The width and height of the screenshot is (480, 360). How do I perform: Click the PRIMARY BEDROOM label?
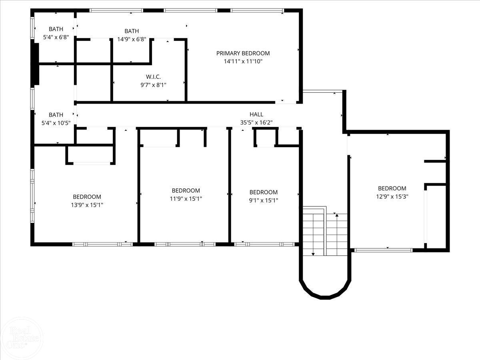click(x=243, y=53)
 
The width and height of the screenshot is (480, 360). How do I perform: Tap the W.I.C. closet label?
click(x=153, y=76)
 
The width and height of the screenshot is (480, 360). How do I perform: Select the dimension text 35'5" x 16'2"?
click(x=256, y=123)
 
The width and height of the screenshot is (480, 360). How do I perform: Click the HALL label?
click(x=256, y=114)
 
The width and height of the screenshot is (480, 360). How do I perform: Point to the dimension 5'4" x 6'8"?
click(x=56, y=37)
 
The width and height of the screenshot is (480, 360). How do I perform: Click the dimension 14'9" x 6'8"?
click(x=132, y=39)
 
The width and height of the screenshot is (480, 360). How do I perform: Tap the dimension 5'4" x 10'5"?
click(x=56, y=123)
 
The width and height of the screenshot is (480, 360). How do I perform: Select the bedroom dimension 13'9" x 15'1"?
click(x=87, y=205)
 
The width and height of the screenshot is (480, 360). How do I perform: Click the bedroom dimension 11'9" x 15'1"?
click(x=186, y=199)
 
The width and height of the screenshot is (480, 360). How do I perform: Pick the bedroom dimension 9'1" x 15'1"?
click(x=263, y=200)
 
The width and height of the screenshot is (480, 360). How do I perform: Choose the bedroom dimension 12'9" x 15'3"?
click(x=392, y=196)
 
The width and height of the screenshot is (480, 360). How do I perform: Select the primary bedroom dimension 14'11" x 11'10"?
click(x=243, y=61)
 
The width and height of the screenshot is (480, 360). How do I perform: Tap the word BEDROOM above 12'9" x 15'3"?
click(x=392, y=188)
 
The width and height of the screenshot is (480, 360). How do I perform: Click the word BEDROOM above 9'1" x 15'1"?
click(x=263, y=192)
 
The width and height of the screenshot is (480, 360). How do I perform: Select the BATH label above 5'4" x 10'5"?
click(x=56, y=115)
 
